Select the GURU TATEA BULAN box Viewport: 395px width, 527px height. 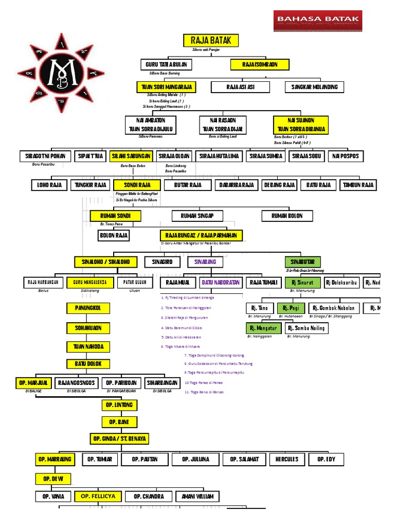click(166, 64)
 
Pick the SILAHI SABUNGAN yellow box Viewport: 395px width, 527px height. click(131, 156)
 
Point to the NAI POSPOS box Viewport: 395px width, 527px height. click(346, 156)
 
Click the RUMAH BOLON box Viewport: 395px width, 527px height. click(288, 216)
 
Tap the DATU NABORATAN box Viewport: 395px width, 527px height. click(220, 283)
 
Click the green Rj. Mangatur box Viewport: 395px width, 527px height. click(263, 328)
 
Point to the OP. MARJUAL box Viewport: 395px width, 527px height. click(33, 383)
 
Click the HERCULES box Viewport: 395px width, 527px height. click(286, 459)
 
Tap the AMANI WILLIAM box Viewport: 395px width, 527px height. click(197, 497)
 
